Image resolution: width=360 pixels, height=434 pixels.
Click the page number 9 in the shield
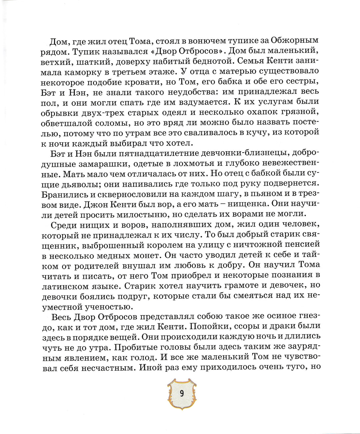[x=181, y=393]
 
